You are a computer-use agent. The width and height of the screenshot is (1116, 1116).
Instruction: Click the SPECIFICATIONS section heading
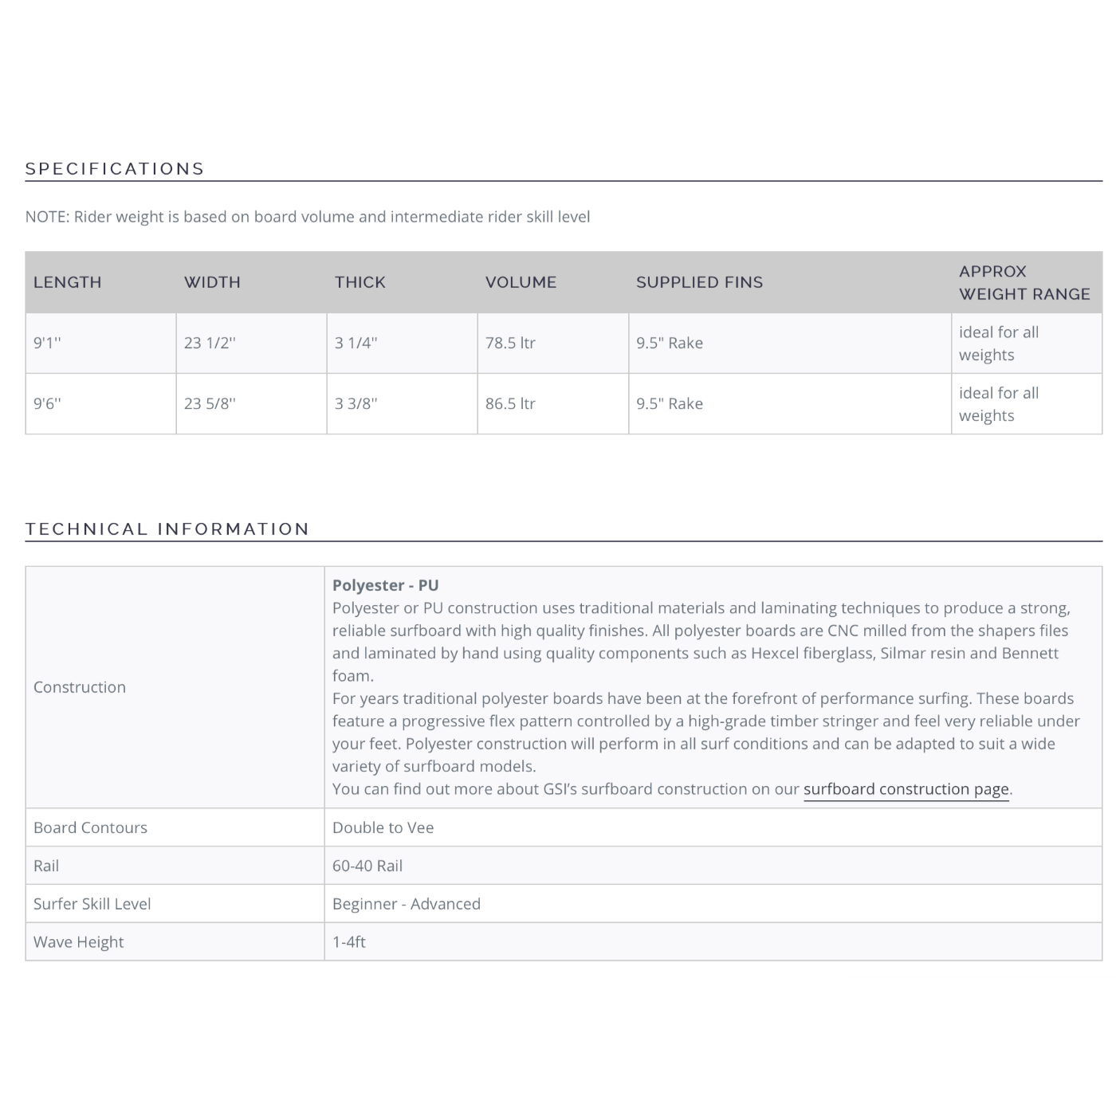(115, 169)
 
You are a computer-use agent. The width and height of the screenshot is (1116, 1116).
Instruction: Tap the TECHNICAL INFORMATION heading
(167, 529)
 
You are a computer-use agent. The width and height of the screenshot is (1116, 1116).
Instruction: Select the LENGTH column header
(68, 282)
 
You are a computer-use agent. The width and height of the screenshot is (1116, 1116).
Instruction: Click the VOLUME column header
(521, 282)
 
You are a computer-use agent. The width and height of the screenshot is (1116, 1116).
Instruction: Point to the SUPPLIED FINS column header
(699, 282)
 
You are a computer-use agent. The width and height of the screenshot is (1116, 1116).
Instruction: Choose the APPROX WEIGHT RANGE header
(1024, 282)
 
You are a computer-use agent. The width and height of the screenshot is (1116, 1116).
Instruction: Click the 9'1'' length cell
(47, 343)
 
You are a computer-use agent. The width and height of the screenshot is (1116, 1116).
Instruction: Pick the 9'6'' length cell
(47, 403)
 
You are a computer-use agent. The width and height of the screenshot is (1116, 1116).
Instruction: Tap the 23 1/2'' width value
(210, 343)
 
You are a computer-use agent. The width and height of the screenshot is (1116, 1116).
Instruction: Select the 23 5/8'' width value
(210, 403)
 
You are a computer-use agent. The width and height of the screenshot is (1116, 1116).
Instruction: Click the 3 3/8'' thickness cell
(356, 403)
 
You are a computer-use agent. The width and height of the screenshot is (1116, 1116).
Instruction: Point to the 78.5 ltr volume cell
(510, 343)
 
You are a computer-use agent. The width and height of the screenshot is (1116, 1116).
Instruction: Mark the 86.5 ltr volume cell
(510, 403)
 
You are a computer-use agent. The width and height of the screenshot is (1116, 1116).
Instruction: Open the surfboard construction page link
(906, 789)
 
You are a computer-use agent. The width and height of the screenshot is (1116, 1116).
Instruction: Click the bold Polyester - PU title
(386, 585)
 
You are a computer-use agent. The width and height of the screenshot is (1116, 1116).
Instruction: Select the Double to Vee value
(383, 827)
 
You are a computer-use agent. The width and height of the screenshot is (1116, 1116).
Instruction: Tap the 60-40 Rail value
(367, 866)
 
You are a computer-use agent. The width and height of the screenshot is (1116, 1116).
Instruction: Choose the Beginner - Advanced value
(407, 904)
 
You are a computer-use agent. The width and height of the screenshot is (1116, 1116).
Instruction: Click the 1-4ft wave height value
(349, 942)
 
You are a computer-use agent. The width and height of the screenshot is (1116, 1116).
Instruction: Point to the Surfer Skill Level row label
(92, 904)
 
